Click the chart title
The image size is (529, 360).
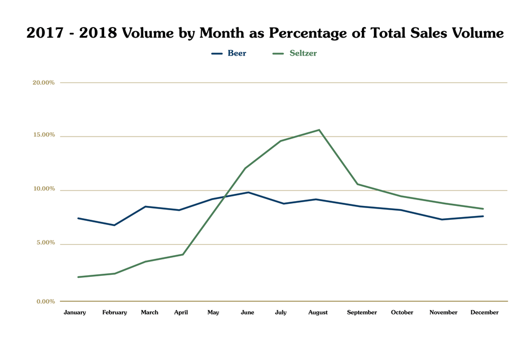tap(264, 33)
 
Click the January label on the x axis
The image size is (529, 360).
tap(75, 312)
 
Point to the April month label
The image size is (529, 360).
tap(181, 312)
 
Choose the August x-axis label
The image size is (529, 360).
tap(318, 312)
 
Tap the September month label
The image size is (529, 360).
tap(362, 312)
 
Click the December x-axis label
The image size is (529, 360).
tap(485, 312)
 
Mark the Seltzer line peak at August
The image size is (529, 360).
tap(320, 130)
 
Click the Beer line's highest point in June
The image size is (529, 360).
tap(248, 192)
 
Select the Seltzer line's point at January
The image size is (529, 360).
tap(78, 277)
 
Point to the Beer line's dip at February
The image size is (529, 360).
tap(114, 225)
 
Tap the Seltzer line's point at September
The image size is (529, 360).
tap(358, 184)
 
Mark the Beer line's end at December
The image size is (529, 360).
tap(483, 216)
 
